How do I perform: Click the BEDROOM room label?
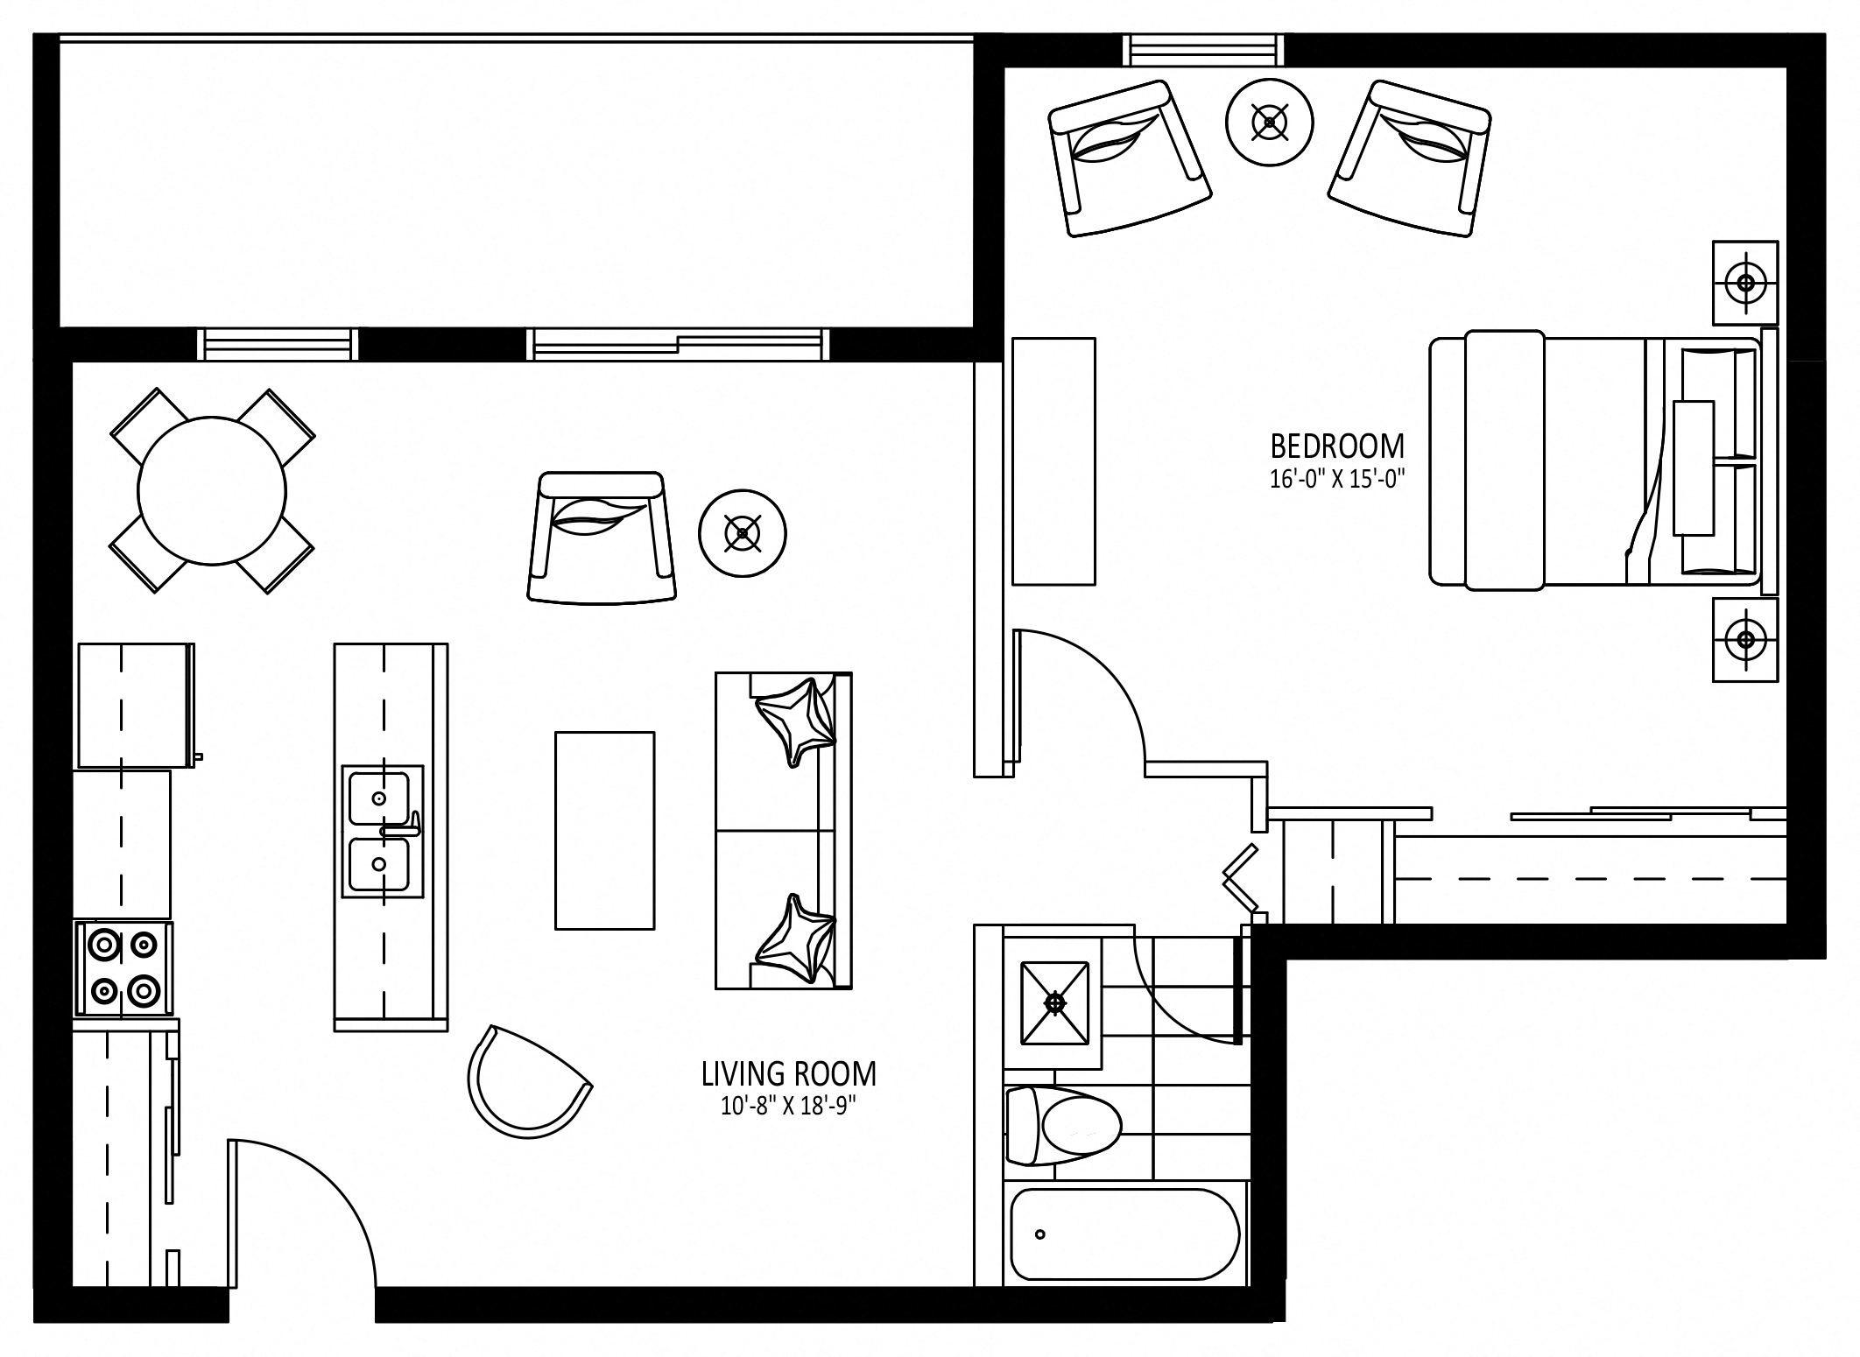pos(1337,446)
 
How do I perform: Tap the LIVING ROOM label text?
pos(788,1073)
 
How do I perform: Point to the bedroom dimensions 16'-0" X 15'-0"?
pos(1337,480)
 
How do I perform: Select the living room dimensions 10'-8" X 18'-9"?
pos(787,1107)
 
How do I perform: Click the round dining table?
pos(212,490)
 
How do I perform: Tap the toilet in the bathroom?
pos(1063,1126)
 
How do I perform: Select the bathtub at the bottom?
pos(1125,1233)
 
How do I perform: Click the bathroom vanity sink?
pos(1055,1003)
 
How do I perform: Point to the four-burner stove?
pos(123,969)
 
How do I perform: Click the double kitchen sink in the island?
pos(382,832)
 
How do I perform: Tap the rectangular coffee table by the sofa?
pos(605,831)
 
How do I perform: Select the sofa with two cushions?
pos(784,831)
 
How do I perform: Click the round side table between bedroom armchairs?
pos(1269,122)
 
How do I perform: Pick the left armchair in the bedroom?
pos(1130,158)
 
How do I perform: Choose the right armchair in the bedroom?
pos(1410,158)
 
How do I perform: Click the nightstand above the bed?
pos(1745,283)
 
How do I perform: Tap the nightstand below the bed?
pos(1745,639)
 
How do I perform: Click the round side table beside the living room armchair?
pos(743,533)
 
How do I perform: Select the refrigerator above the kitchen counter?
pos(137,706)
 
